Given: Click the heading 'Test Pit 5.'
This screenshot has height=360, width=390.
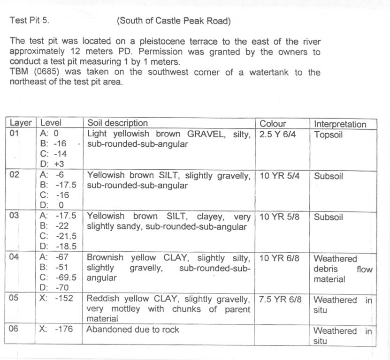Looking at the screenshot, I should click(x=29, y=21).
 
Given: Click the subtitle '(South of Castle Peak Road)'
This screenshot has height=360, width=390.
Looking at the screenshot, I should click(x=174, y=21).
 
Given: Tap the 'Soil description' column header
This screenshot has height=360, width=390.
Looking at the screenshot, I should click(x=117, y=123).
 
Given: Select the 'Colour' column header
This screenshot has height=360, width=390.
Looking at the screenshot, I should click(x=273, y=124).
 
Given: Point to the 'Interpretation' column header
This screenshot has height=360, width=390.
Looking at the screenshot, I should click(x=340, y=124).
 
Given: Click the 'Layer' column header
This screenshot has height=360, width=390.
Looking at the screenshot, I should click(x=21, y=123).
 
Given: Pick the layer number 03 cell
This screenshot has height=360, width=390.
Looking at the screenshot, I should click(x=15, y=217).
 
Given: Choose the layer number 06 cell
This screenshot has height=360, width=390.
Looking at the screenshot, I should click(x=14, y=329).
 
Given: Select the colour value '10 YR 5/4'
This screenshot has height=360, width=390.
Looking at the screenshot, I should click(x=279, y=176).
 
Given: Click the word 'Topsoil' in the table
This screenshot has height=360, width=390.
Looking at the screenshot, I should click(x=329, y=135).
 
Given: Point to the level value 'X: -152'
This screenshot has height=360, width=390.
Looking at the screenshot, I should click(x=57, y=299).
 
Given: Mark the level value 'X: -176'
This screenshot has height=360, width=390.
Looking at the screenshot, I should click(x=57, y=329).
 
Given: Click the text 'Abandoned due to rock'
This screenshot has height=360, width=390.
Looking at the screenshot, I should click(x=133, y=330).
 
